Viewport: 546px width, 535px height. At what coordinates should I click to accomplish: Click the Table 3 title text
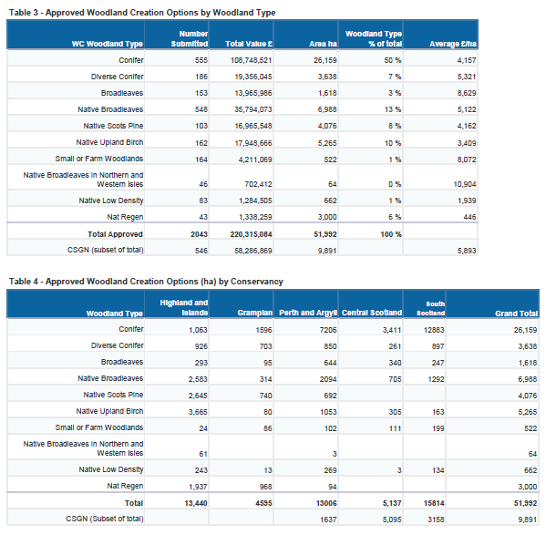coord(142,13)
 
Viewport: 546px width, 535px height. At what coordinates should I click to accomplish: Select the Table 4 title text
coord(146,282)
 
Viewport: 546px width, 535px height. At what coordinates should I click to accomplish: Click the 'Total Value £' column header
coord(249,44)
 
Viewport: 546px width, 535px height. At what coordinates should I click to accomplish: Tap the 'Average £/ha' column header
coord(453,44)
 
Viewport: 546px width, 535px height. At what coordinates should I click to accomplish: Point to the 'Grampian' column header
coord(255,313)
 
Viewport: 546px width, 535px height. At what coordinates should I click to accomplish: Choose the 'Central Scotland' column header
coord(372,313)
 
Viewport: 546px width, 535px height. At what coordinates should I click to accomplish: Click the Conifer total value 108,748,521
coord(251,60)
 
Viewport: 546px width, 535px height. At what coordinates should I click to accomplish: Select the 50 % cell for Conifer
coord(393,60)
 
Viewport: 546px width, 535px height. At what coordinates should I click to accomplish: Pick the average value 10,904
coord(465,184)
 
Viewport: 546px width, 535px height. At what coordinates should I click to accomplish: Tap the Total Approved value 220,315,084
coord(251,234)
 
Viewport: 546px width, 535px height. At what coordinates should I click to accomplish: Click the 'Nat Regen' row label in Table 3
coord(125,217)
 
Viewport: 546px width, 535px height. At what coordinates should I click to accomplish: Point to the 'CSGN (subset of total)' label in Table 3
coord(105,250)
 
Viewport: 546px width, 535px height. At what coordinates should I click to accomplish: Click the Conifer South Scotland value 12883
coord(434,330)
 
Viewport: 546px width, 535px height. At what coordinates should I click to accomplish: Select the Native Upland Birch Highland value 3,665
coord(198,412)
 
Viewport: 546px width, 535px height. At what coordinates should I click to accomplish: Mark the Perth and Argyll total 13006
coord(326,503)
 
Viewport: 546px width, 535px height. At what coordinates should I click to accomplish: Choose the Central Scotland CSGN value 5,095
coord(392,520)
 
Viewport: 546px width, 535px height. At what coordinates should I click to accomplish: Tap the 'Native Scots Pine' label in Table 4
coord(113,395)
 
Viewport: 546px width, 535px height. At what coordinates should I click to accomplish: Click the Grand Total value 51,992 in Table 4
coord(525,503)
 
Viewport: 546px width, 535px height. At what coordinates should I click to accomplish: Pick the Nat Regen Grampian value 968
coord(265,487)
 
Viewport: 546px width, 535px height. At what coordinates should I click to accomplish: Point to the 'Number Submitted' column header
coord(190,38)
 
